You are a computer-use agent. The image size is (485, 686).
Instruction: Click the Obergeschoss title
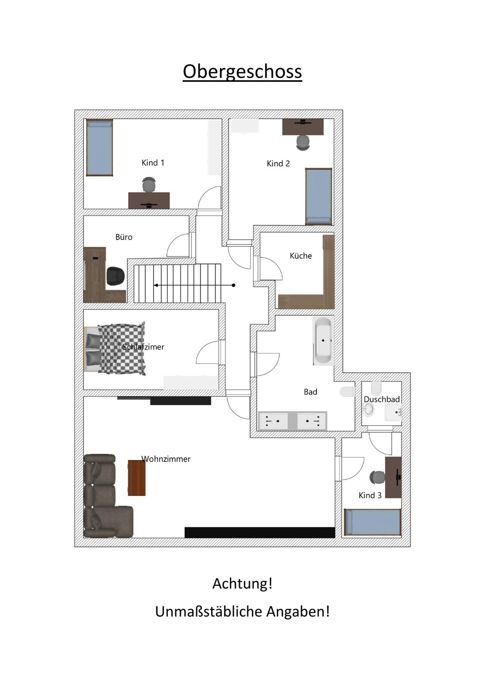click(242, 72)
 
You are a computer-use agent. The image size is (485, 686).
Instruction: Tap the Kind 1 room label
click(153, 163)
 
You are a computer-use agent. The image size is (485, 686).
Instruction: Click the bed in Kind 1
click(99, 147)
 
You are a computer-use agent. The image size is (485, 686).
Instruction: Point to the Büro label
click(124, 237)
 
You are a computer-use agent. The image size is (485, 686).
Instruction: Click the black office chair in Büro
click(115, 276)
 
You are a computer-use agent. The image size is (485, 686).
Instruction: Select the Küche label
click(300, 256)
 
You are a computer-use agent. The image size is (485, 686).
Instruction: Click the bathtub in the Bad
click(323, 341)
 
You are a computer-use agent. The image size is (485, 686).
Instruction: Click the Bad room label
click(310, 392)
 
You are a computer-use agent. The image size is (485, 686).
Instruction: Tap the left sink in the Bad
click(273, 421)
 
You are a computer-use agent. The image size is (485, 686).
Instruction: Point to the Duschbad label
click(382, 399)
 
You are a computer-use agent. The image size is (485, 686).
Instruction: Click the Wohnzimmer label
click(166, 459)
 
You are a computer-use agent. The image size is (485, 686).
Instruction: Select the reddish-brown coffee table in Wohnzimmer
click(136, 478)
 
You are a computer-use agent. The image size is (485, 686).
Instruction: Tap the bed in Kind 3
click(373, 522)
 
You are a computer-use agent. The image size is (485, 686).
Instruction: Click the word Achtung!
click(242, 584)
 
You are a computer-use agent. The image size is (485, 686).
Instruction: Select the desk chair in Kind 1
click(149, 186)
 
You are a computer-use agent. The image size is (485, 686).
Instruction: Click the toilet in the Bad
click(347, 392)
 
